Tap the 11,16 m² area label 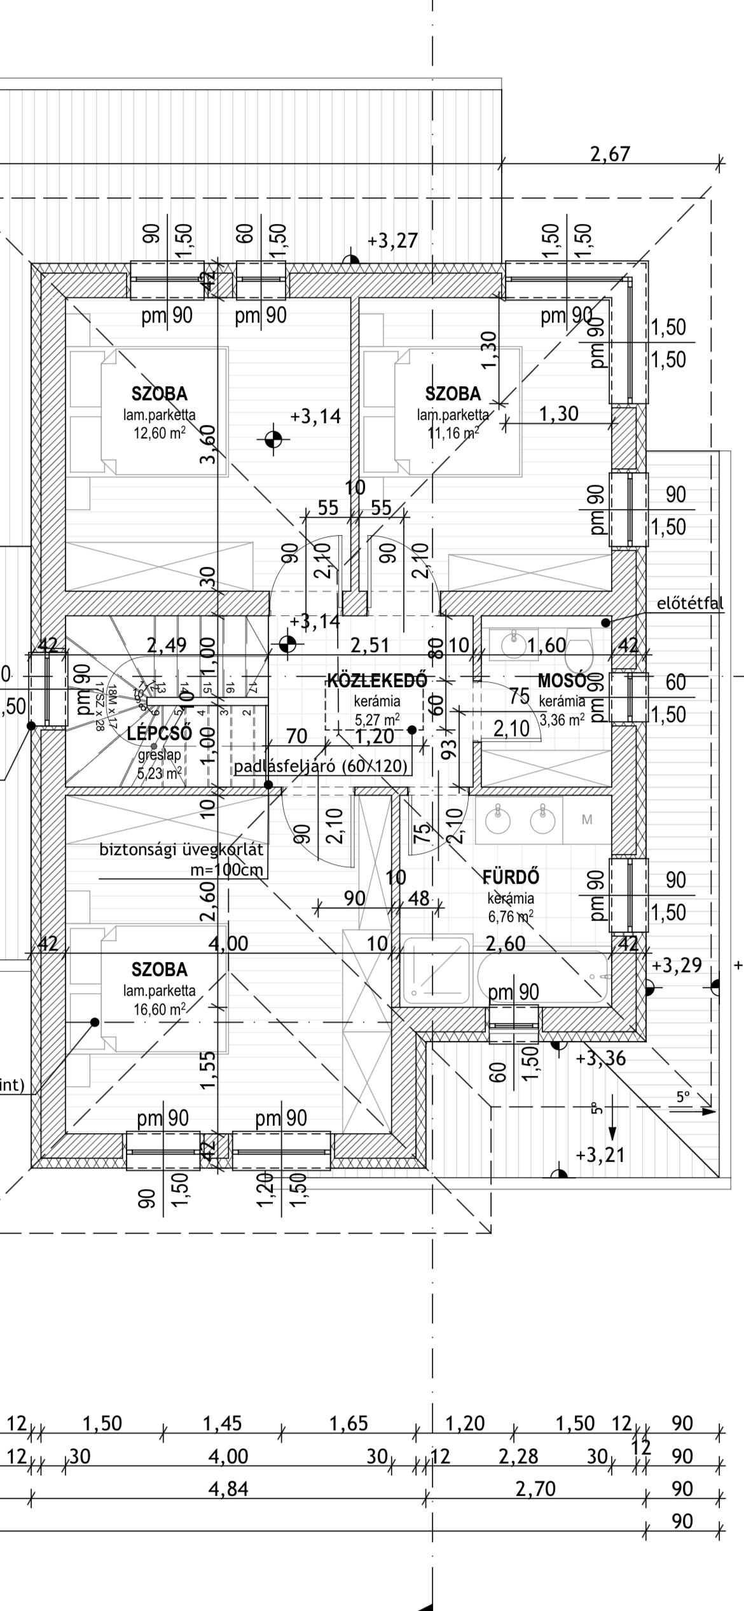pos(453,434)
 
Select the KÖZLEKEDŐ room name pos(376,680)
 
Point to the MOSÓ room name pos(561,680)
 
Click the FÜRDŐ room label pos(511,877)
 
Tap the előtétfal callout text pos(690,603)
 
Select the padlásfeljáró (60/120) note pos(320,766)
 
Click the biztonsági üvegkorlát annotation pos(181,850)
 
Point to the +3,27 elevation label pos(392,241)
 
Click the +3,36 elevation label pos(600,1059)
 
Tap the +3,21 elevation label pos(600,1154)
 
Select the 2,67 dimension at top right pos(610,154)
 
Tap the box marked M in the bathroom pos(587,820)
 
